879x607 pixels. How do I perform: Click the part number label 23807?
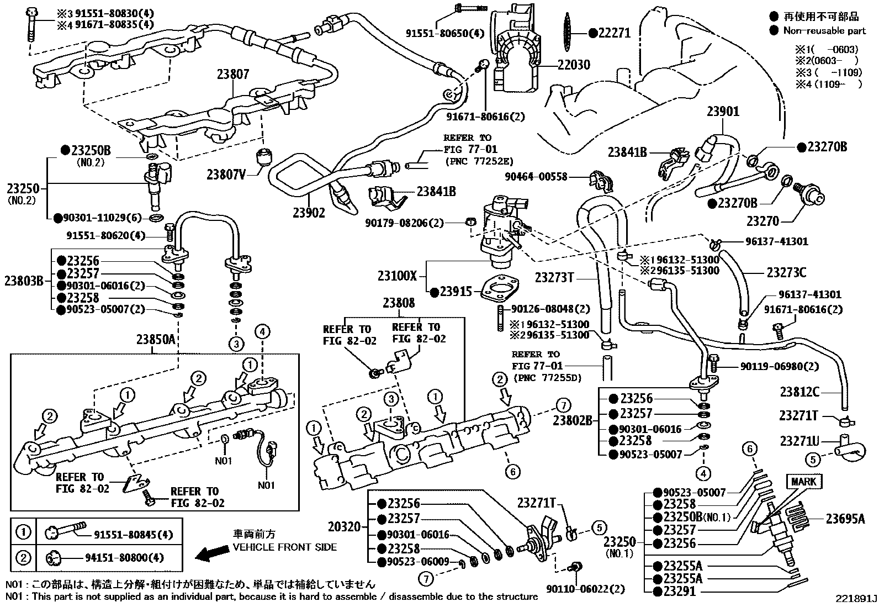pyautogui.click(x=232, y=74)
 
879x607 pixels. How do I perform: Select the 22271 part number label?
pyautogui.click(x=613, y=33)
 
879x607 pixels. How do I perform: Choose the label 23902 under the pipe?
pyautogui.click(x=308, y=212)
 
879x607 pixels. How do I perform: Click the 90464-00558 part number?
pyautogui.click(x=536, y=177)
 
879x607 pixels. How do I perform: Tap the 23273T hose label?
pyautogui.click(x=554, y=277)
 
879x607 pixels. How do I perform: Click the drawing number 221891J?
pyautogui.click(x=856, y=599)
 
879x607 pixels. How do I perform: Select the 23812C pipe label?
pyautogui.click(x=799, y=392)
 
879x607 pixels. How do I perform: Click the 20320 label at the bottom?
pyautogui.click(x=343, y=527)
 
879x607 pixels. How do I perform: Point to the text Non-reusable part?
pyautogui.click(x=825, y=31)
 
